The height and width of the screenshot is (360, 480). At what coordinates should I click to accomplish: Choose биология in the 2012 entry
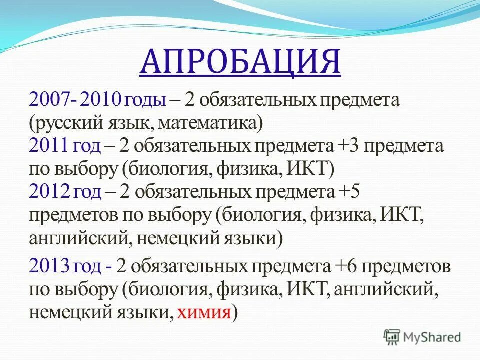coord(260,215)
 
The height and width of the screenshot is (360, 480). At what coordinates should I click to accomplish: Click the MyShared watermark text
coord(433,338)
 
